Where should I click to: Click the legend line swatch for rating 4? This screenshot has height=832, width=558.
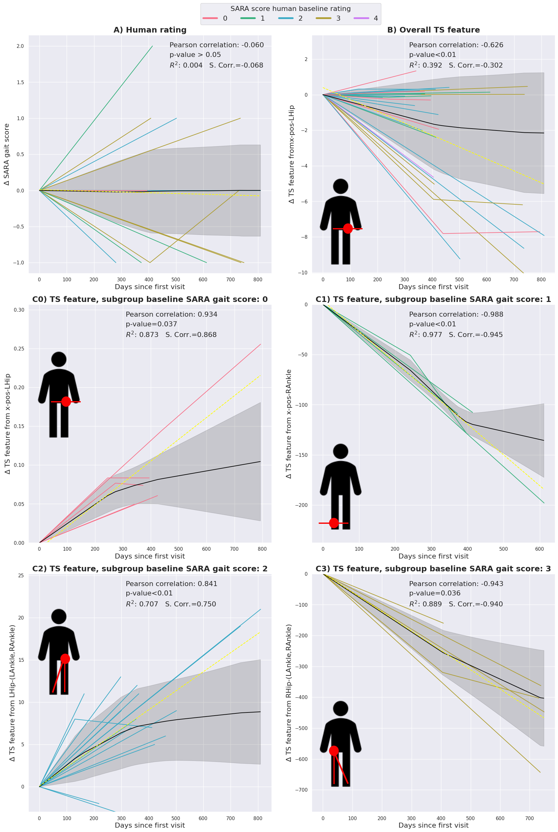361,18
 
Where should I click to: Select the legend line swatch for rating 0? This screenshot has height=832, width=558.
210,18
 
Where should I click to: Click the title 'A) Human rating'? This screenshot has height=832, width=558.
150,30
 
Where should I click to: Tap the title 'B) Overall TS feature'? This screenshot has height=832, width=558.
433,30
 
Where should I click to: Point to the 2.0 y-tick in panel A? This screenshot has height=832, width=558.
20,46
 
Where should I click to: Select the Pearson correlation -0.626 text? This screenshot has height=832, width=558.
456,45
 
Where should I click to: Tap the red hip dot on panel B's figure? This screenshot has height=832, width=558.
348,228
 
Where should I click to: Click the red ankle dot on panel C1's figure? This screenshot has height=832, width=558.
334,523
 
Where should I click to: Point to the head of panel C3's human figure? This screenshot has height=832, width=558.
341,708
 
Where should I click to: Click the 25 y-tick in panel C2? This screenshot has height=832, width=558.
21,575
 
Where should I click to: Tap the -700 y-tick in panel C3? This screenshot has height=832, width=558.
301,790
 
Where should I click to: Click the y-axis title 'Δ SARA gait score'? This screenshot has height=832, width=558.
7,154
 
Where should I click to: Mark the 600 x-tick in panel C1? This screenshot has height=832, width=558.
540,549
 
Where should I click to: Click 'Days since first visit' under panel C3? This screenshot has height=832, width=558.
433,825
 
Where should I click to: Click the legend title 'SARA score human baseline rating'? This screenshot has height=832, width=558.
290,8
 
